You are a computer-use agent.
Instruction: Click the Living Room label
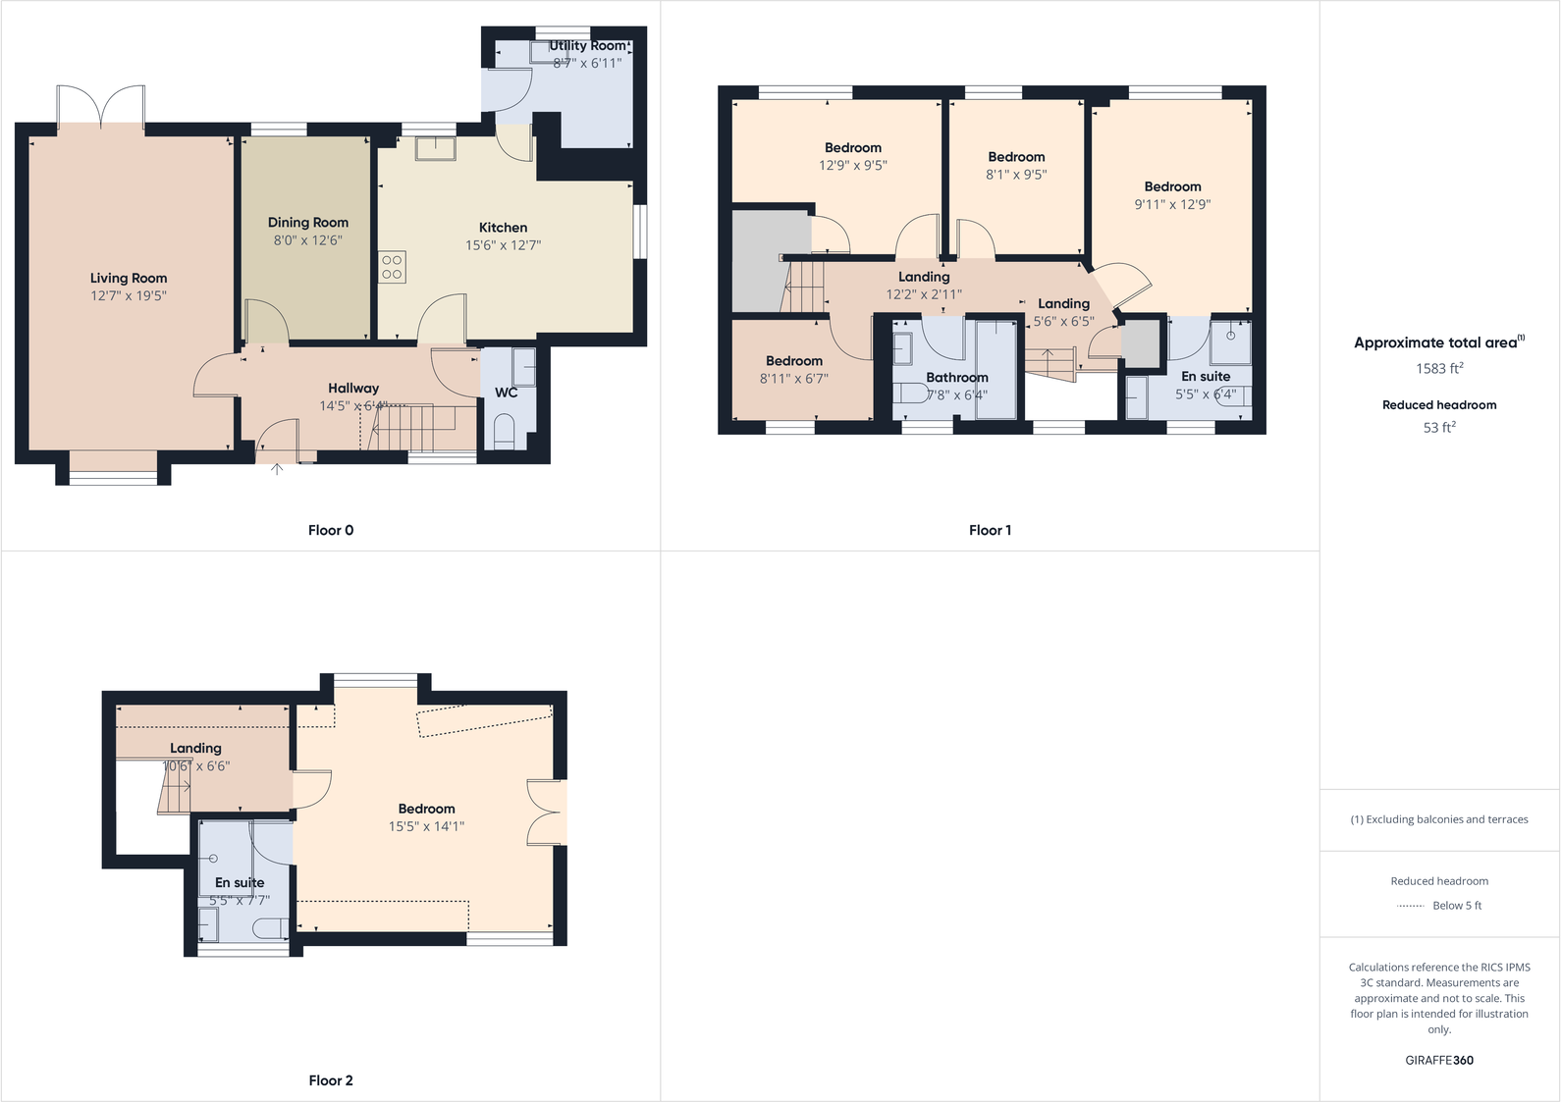click(x=129, y=279)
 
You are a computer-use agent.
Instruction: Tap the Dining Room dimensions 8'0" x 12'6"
click(x=307, y=240)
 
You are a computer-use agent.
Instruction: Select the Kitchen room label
click(x=503, y=228)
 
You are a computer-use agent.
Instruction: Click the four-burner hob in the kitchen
click(x=392, y=267)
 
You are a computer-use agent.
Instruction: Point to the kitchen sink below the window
click(x=434, y=148)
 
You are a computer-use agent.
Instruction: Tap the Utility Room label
click(x=587, y=46)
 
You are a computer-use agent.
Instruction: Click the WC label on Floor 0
click(x=506, y=393)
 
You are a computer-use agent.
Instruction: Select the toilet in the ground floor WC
click(x=504, y=431)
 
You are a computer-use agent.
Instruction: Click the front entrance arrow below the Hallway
click(x=277, y=469)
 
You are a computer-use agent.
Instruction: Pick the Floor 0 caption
click(x=331, y=530)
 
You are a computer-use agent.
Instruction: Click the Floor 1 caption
click(x=990, y=530)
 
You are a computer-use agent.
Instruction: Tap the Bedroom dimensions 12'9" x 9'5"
click(x=853, y=166)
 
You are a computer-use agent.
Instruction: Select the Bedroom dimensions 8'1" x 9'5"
click(x=1016, y=175)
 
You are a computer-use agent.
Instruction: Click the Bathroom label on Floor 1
click(x=957, y=378)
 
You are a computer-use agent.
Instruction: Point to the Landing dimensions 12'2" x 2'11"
click(x=924, y=294)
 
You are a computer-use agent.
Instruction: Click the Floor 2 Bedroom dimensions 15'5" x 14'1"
click(x=426, y=826)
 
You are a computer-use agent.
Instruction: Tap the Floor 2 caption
click(x=331, y=1080)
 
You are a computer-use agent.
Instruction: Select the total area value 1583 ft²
click(x=1439, y=369)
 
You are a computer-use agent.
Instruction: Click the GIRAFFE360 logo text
click(x=1439, y=1060)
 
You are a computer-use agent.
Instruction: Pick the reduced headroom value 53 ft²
click(x=1439, y=428)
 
